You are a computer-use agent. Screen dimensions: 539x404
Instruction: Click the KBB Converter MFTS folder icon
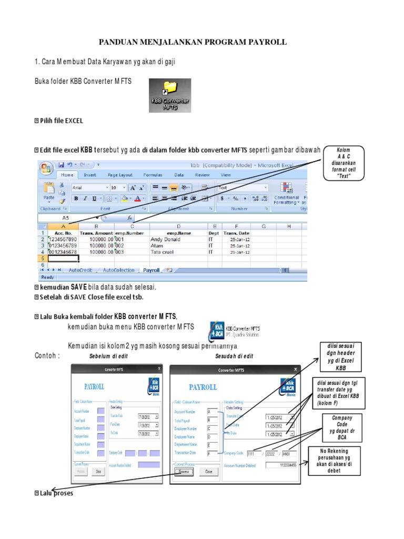point(170,95)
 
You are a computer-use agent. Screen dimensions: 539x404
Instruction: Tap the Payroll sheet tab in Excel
point(151,270)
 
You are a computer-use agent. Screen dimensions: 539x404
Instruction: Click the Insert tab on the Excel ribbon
point(90,175)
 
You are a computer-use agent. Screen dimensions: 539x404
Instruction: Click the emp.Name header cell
point(178,232)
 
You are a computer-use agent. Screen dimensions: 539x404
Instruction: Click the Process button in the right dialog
point(184,472)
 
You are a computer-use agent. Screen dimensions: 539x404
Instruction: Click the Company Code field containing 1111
point(255,453)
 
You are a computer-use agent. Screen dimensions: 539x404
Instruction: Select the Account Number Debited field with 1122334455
point(281,465)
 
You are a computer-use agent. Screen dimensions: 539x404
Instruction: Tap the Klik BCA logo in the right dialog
point(287,388)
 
